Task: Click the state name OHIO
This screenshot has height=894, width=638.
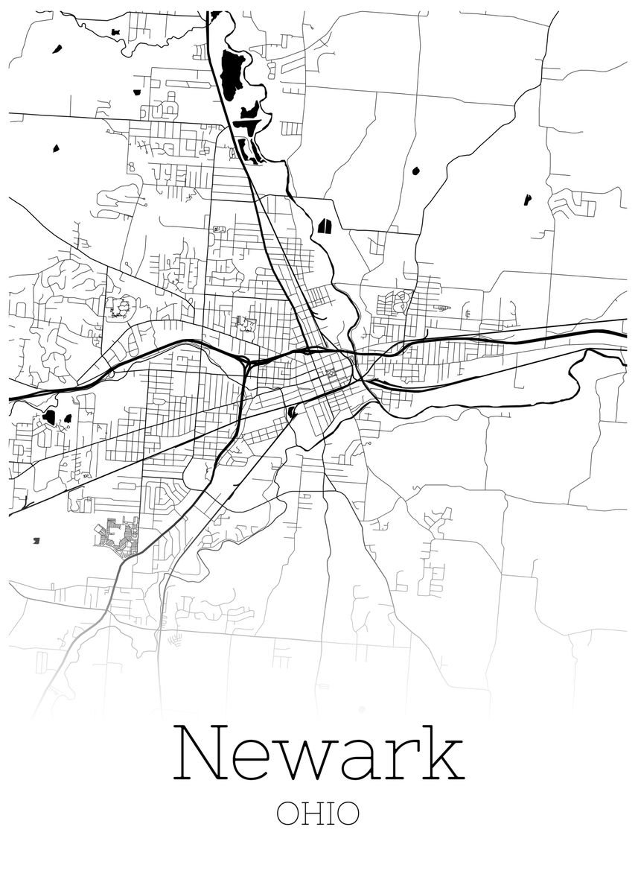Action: click(x=318, y=814)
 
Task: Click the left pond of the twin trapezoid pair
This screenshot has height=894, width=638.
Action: click(x=321, y=226)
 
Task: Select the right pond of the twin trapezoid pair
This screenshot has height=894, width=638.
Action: click(x=328, y=225)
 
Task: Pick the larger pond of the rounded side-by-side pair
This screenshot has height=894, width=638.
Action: click(x=49, y=417)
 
